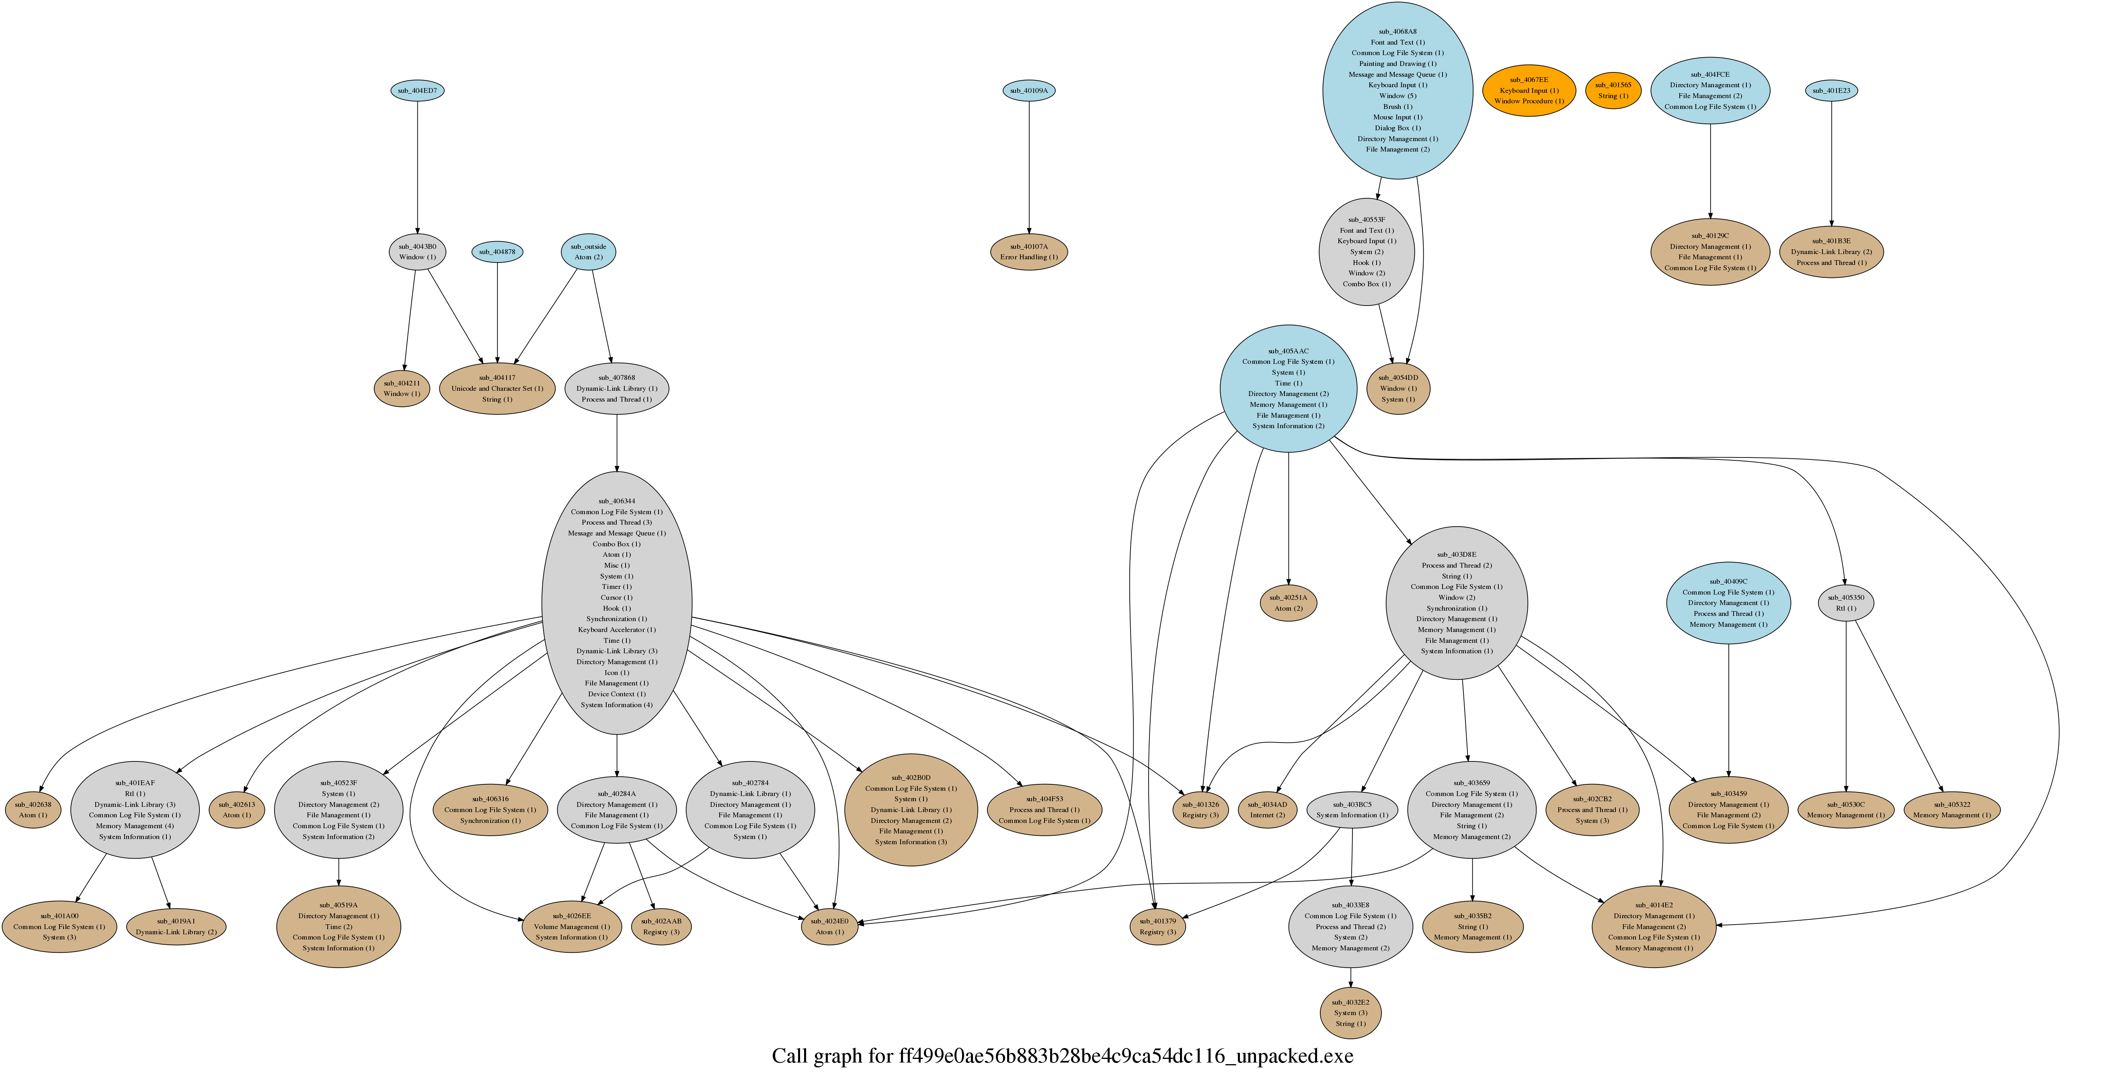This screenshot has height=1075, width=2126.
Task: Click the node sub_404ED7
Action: point(417,91)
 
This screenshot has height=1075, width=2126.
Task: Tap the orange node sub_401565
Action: point(1613,91)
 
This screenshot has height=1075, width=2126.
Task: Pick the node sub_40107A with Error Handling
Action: point(1028,252)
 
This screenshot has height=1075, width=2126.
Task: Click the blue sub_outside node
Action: point(589,252)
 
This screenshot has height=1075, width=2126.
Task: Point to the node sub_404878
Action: point(497,252)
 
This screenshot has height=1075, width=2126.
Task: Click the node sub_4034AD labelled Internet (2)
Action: point(1267,809)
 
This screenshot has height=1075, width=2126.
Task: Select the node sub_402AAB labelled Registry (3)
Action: point(661,927)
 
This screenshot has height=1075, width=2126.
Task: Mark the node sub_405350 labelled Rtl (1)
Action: point(1845,603)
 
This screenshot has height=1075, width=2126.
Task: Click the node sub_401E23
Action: point(1831,91)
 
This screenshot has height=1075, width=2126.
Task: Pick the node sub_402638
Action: point(33,809)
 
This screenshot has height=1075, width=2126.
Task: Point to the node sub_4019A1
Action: point(176,927)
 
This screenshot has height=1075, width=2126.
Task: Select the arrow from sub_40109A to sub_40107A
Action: point(1028,165)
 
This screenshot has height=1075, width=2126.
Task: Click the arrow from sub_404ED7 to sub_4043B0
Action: point(417,165)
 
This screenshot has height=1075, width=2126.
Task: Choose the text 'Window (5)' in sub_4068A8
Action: point(1397,96)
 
